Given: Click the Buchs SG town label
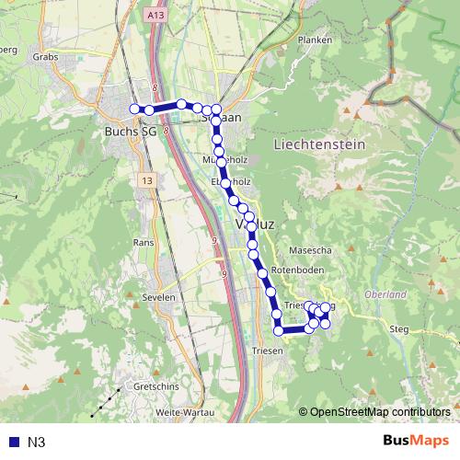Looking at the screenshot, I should click(x=131, y=132).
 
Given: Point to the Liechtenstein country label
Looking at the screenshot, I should click(x=319, y=145).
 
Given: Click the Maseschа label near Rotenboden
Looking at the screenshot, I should click(x=308, y=248).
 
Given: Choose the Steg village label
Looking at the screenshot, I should click(x=398, y=328).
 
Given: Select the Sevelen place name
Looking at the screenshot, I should click(x=157, y=299).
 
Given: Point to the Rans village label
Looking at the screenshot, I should click(x=143, y=242).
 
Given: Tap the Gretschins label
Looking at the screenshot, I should click(x=157, y=387).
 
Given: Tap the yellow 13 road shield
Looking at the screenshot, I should click(x=147, y=182).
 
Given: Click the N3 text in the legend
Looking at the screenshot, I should click(x=36, y=443).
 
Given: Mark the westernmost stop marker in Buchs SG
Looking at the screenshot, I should click(x=134, y=109).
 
